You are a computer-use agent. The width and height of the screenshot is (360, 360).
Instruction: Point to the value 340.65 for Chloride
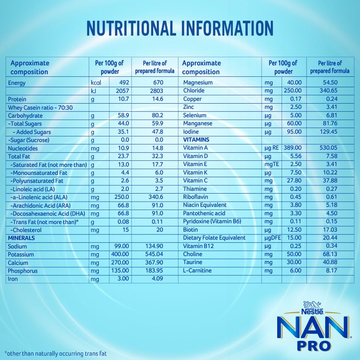click(x=329, y=91)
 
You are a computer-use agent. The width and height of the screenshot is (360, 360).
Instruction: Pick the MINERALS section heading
click(x=21, y=238)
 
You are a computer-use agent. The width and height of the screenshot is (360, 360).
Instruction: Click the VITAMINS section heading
click(x=196, y=140)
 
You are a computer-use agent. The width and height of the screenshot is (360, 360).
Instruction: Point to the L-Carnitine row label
click(x=198, y=271)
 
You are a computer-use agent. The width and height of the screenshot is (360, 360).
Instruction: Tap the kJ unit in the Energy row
click(x=94, y=91)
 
